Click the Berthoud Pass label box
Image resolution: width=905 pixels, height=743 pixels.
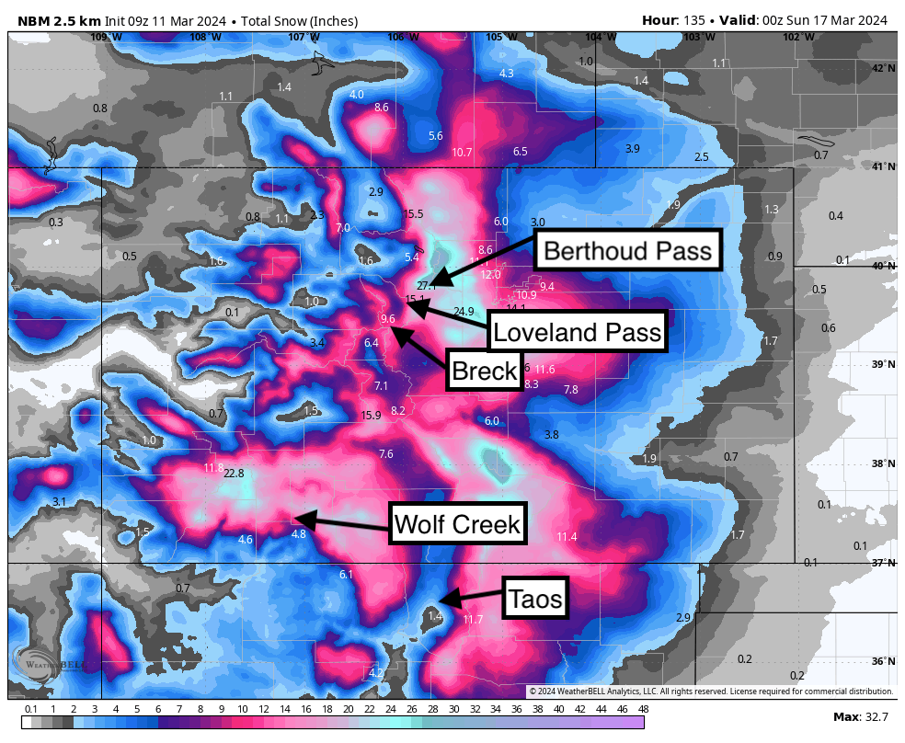(x=627, y=251)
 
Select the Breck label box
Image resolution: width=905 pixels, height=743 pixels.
(x=484, y=371)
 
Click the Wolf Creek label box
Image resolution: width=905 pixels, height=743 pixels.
(x=457, y=525)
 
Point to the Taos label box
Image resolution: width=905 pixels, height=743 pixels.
(x=536, y=600)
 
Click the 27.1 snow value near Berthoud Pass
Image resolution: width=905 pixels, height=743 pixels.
(x=426, y=286)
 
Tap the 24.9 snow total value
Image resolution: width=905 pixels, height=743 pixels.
(x=464, y=312)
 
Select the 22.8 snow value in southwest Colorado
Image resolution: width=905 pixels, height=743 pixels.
(x=234, y=474)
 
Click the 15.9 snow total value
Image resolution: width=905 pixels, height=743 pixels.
(x=371, y=416)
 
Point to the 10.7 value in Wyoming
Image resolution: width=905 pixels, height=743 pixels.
(x=463, y=152)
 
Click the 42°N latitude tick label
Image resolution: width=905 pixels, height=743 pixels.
(x=883, y=69)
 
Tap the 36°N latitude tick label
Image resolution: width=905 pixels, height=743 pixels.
(x=883, y=661)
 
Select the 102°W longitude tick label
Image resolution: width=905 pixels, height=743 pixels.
(x=798, y=37)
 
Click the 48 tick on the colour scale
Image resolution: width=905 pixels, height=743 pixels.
(x=643, y=709)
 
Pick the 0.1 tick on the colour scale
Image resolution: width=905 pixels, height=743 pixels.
(x=30, y=709)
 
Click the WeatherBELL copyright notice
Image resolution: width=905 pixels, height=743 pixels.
(x=710, y=692)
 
